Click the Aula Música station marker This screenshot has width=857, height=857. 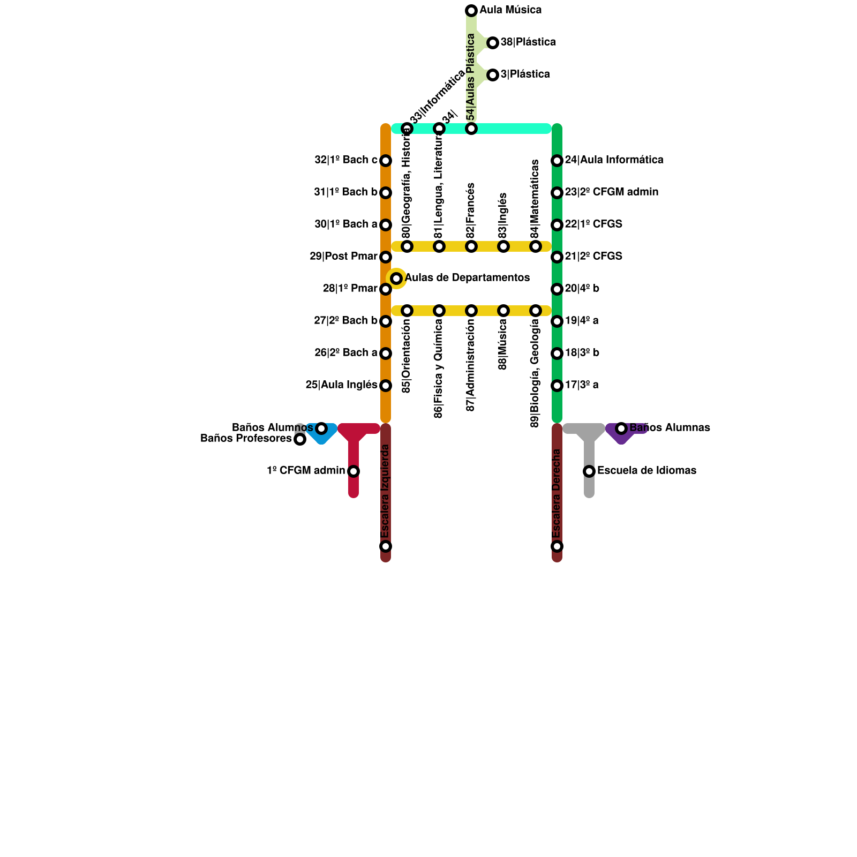tap(471, 11)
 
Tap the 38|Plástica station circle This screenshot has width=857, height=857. tap(493, 43)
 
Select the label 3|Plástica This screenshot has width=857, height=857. tap(525, 74)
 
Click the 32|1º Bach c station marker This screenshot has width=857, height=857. tap(386, 161)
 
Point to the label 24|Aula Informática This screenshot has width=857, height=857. tap(614, 160)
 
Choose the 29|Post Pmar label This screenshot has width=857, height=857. tap(343, 257)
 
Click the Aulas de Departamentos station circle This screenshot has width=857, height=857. tap(396, 279)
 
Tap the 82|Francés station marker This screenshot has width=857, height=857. tap(471, 246)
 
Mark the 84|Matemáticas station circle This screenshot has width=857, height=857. tap(536, 246)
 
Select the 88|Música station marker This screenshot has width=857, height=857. tap(503, 311)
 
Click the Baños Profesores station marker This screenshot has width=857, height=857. tap(300, 439)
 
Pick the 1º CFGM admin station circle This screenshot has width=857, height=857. tap(354, 471)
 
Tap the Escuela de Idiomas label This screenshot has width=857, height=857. tap(646, 471)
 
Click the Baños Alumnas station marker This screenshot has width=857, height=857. tap(621, 428)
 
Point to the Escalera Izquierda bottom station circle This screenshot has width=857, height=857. tap(386, 546)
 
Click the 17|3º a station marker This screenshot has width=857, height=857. tap(557, 386)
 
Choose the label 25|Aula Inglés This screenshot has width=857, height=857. tap(341, 385)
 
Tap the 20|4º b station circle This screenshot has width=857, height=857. tap(557, 289)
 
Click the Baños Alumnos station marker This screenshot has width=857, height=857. tap(321, 428)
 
